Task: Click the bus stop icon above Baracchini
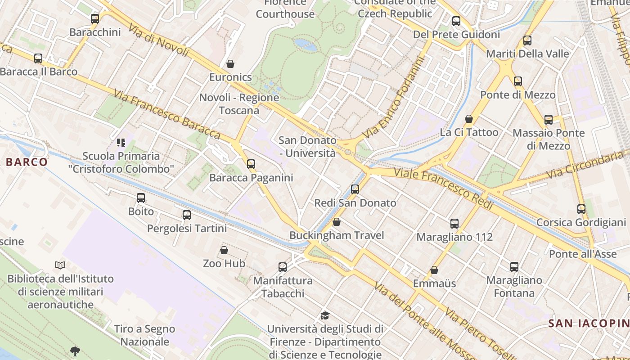tap(95, 19)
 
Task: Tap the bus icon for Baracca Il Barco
tap(38, 58)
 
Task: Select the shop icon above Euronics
tap(230, 64)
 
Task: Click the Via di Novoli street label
tap(158, 40)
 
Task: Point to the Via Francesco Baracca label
tap(166, 114)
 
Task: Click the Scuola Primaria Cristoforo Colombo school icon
tap(121, 143)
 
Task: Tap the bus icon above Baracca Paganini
tap(251, 164)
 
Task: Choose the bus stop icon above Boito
tap(141, 198)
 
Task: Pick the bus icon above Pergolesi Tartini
tap(187, 215)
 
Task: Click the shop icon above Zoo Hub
tap(224, 250)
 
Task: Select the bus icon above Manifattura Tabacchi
tap(283, 267)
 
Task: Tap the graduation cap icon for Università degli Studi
tap(325, 316)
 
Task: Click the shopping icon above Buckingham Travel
tap(337, 222)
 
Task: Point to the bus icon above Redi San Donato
tap(355, 189)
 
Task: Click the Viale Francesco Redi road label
tap(444, 189)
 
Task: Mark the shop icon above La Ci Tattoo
tap(469, 119)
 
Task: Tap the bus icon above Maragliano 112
tap(454, 224)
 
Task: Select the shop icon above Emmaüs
tap(434, 270)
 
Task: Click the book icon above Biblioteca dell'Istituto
tap(60, 265)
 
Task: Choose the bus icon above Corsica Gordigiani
tap(581, 209)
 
